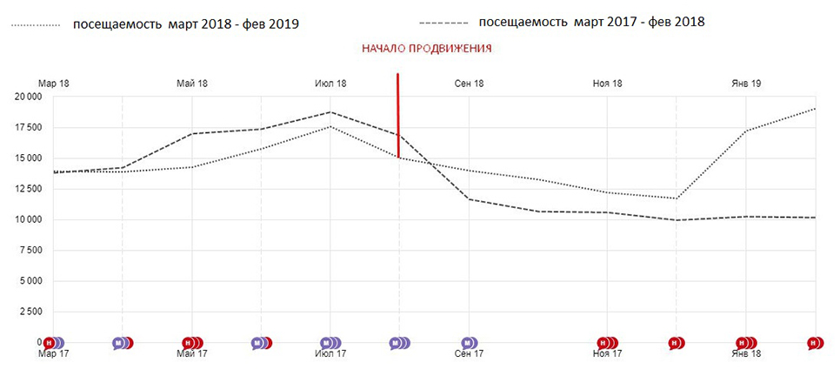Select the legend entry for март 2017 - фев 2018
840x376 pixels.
562,23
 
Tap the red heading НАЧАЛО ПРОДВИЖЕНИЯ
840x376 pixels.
426,48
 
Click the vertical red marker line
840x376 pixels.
398,115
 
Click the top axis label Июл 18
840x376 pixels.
330,84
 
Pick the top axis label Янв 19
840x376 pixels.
746,84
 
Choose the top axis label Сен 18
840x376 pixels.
470,84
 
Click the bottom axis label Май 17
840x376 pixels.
192,354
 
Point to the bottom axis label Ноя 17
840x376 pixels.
608,354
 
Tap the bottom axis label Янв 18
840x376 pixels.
746,354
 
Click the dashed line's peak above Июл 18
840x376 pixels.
330,112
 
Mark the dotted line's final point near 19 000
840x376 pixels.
815,108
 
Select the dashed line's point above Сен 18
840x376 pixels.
470,199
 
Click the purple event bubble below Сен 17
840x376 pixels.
470,343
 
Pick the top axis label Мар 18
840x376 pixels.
54,84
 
